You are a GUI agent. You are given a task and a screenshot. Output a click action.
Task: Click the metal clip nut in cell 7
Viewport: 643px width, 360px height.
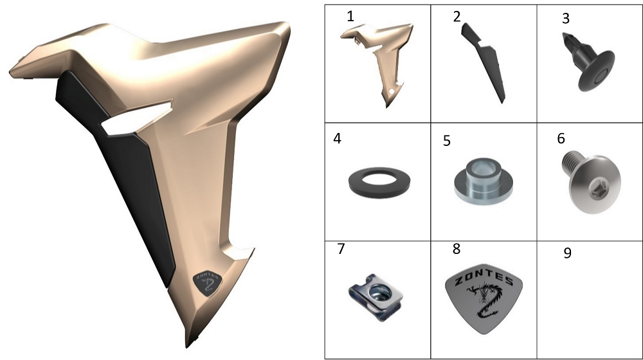[x=376, y=297]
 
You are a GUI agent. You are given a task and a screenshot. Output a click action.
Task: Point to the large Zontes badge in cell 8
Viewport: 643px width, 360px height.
[x=484, y=299]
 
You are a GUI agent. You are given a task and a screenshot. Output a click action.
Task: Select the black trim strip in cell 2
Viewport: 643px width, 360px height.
[x=484, y=62]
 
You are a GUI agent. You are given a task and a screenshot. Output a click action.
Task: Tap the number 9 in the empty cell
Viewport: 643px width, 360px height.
[x=568, y=253]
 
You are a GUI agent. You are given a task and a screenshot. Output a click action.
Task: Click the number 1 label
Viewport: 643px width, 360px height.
[x=350, y=17]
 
